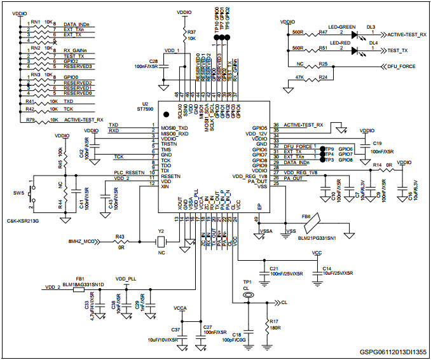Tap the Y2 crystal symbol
tap(162, 241)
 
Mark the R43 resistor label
tap(120, 237)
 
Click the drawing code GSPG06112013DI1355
tap(392, 352)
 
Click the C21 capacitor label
tap(274, 268)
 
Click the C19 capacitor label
tap(378, 144)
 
